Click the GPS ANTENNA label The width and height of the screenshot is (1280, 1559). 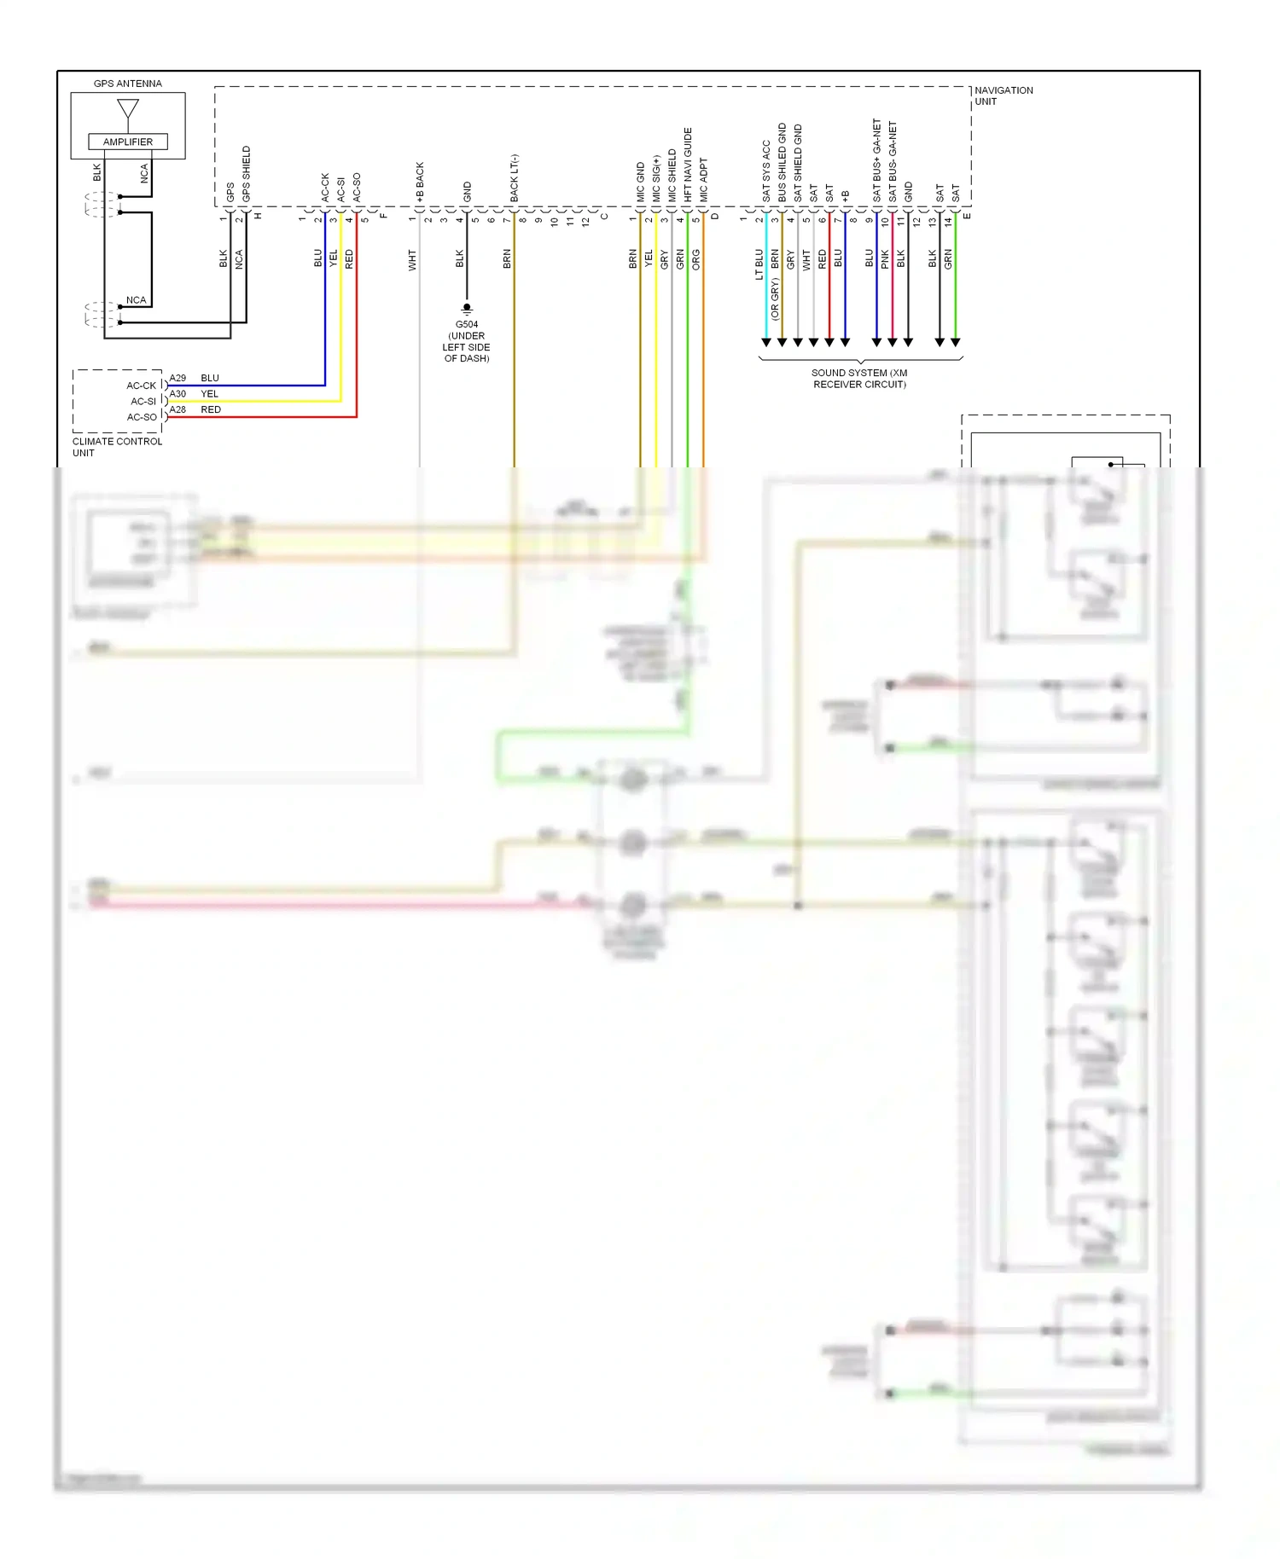click(x=127, y=84)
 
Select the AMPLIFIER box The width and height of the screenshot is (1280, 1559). click(x=128, y=142)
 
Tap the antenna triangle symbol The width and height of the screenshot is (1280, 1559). click(x=128, y=108)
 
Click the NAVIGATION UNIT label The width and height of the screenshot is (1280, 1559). click(x=1003, y=96)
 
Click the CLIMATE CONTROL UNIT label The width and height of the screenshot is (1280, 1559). click(x=117, y=447)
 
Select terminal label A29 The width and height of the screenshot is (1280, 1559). click(x=177, y=378)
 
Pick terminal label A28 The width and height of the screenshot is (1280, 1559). click(x=177, y=409)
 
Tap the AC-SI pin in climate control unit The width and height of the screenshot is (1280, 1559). click(x=143, y=401)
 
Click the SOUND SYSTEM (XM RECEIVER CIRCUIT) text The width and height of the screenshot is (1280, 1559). click(x=859, y=379)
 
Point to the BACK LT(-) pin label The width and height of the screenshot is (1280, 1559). click(x=514, y=178)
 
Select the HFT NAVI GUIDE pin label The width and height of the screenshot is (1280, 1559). click(x=688, y=165)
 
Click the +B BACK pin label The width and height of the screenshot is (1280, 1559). click(x=420, y=182)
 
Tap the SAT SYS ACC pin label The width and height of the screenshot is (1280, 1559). click(x=766, y=171)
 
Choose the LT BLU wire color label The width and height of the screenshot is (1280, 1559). click(x=759, y=264)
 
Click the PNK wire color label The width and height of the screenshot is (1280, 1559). click(x=885, y=259)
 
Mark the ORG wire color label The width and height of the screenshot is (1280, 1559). click(x=695, y=259)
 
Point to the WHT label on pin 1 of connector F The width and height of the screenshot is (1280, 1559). click(x=412, y=260)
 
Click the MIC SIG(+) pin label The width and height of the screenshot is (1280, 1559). click(x=656, y=178)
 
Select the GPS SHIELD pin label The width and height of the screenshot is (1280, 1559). click(x=247, y=174)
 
